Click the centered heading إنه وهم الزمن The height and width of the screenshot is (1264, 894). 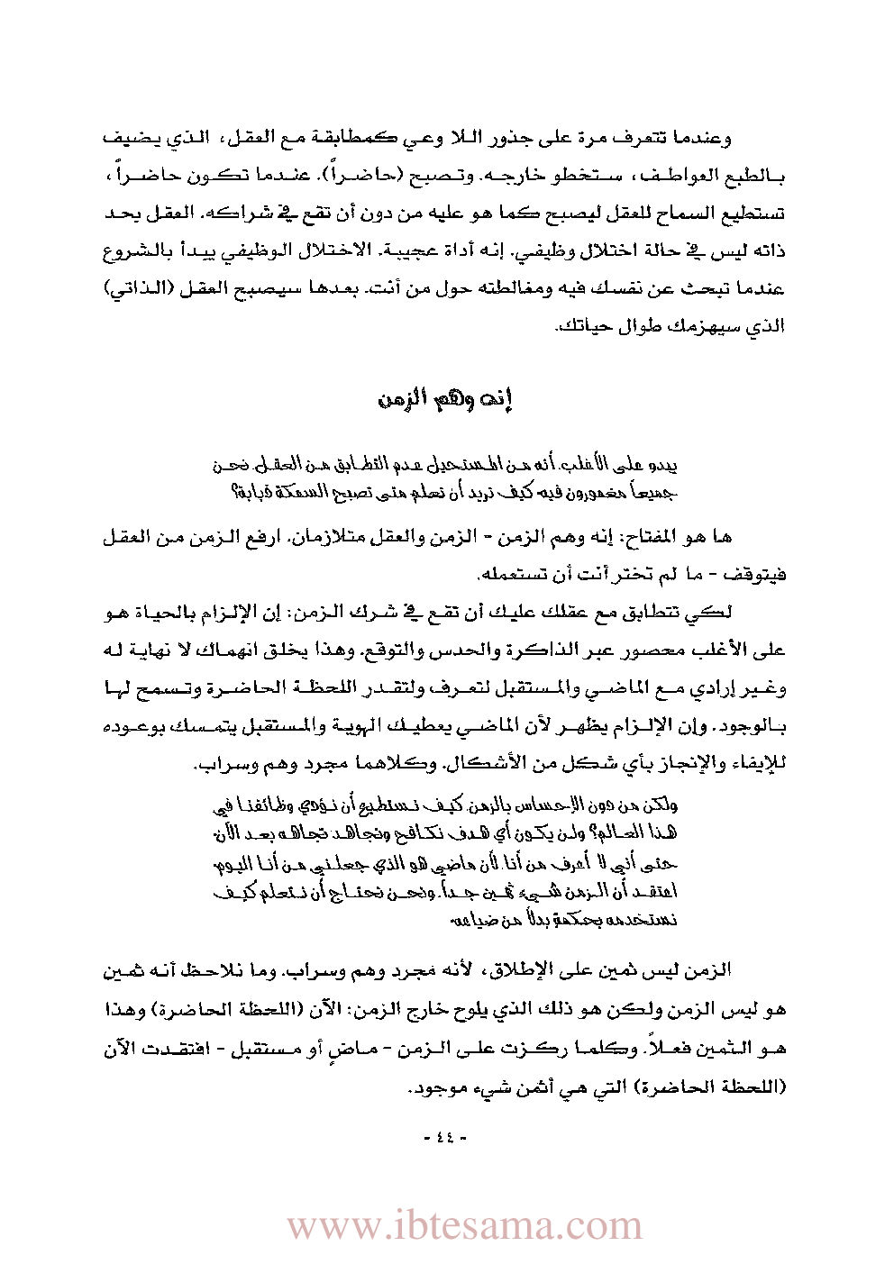pos(446,399)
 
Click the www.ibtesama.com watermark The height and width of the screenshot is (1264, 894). pos(465,1225)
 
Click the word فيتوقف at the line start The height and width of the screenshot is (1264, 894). pos(757,574)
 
